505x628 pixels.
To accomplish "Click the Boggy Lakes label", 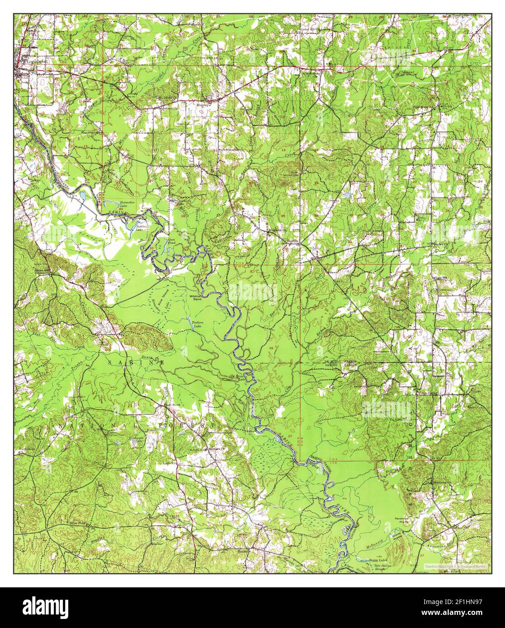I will [376, 560].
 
